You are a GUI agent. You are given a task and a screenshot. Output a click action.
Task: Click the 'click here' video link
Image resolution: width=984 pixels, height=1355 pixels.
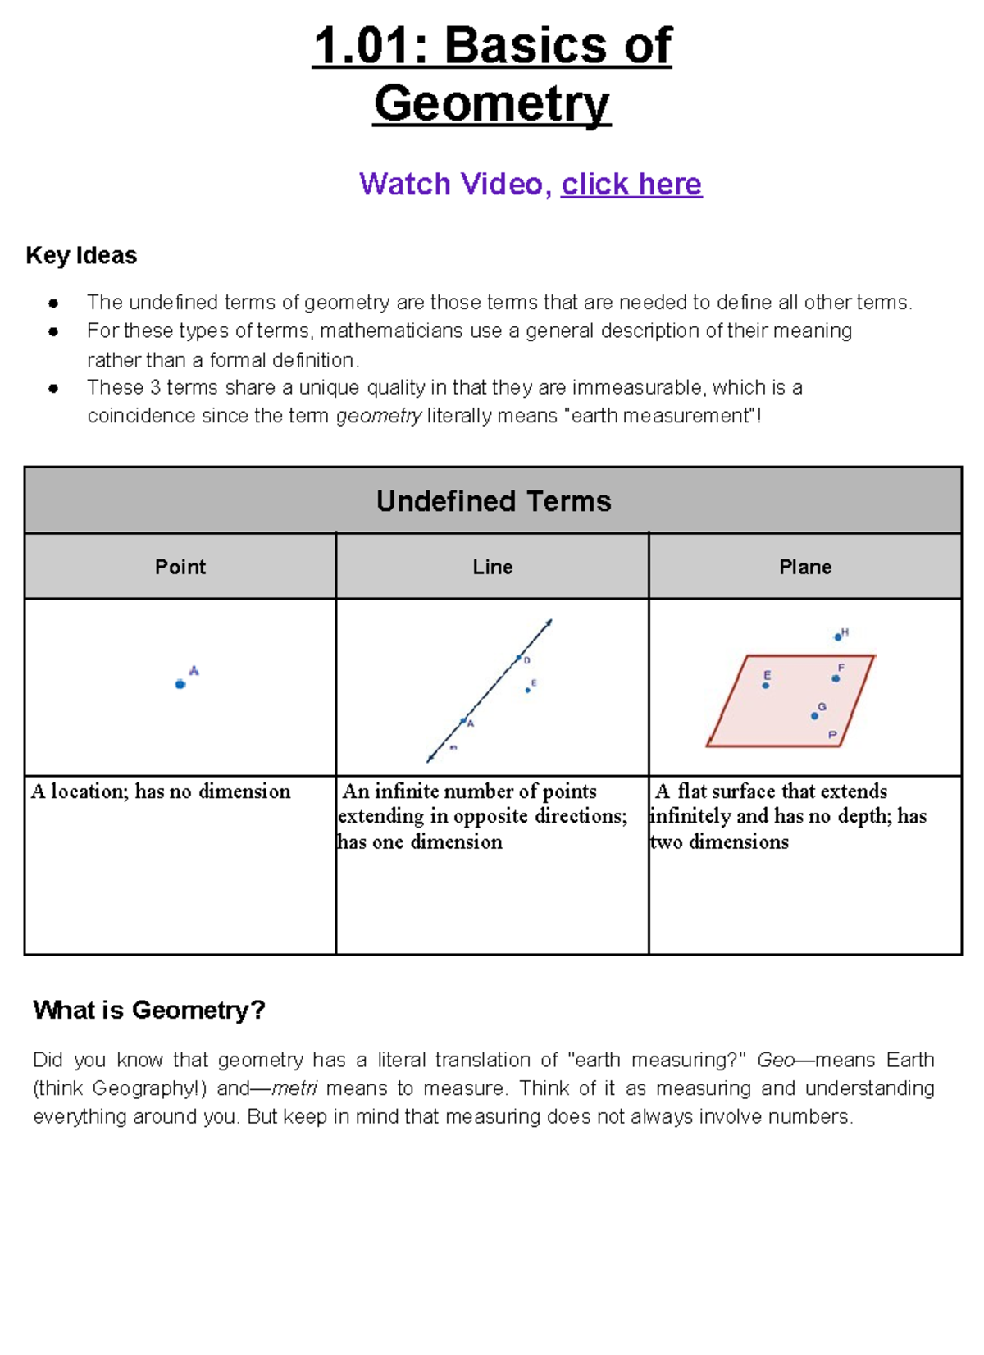click(631, 185)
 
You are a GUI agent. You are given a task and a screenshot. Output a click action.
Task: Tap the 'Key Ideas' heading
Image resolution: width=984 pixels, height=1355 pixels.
click(81, 256)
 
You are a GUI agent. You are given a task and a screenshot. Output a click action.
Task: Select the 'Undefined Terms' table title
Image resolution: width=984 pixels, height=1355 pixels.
click(493, 501)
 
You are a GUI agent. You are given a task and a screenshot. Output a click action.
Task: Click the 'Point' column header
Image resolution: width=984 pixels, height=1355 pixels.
click(180, 567)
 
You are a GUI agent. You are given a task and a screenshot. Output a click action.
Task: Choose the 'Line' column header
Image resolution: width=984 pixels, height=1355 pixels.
click(492, 567)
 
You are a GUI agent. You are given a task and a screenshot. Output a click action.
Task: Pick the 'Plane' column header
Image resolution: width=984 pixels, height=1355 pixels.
click(804, 567)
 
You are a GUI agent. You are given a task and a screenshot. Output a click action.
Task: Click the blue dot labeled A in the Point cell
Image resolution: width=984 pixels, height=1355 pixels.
click(180, 684)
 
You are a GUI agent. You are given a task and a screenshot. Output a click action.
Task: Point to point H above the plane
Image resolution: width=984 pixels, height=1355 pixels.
click(837, 636)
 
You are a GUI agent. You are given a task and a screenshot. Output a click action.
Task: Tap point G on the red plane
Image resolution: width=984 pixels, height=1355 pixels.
click(814, 716)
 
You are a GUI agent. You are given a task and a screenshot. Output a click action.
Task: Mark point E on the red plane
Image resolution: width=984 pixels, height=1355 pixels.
click(766, 686)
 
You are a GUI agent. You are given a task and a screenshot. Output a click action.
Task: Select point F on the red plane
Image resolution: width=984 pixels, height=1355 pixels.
click(836, 678)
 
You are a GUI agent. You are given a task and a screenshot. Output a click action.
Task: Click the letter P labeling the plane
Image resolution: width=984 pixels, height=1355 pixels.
click(832, 735)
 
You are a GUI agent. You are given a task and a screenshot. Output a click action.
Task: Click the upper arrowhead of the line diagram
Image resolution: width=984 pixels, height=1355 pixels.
click(549, 623)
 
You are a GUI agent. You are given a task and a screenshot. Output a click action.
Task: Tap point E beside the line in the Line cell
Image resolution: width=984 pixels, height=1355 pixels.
click(528, 690)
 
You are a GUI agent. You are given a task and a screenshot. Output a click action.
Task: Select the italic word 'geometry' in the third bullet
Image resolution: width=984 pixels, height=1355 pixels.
click(379, 417)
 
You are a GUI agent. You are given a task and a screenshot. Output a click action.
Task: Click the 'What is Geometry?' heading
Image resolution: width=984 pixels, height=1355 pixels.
click(149, 1010)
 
